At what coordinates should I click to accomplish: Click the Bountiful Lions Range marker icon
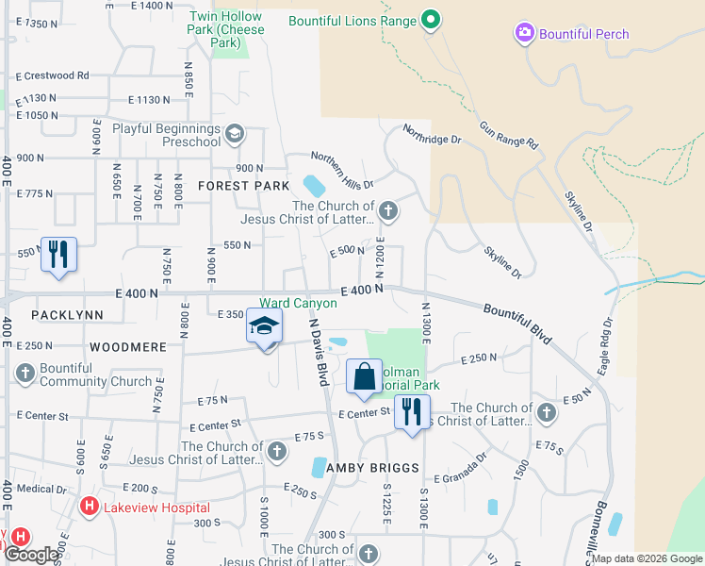point(431,19)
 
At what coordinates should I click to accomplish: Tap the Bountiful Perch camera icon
point(524,34)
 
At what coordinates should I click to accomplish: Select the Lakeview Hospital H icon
point(89,507)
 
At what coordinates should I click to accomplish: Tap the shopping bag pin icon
point(365,376)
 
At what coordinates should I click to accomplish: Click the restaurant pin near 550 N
point(58,255)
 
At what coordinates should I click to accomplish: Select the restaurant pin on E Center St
point(412,412)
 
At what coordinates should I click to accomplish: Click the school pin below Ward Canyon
point(265,328)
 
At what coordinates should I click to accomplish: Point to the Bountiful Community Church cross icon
point(24,375)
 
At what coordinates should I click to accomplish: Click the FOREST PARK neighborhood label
point(244,186)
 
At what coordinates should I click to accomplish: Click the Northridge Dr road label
point(432,134)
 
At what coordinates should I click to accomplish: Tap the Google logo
point(32,555)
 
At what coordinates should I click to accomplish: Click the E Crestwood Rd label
point(52,75)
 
